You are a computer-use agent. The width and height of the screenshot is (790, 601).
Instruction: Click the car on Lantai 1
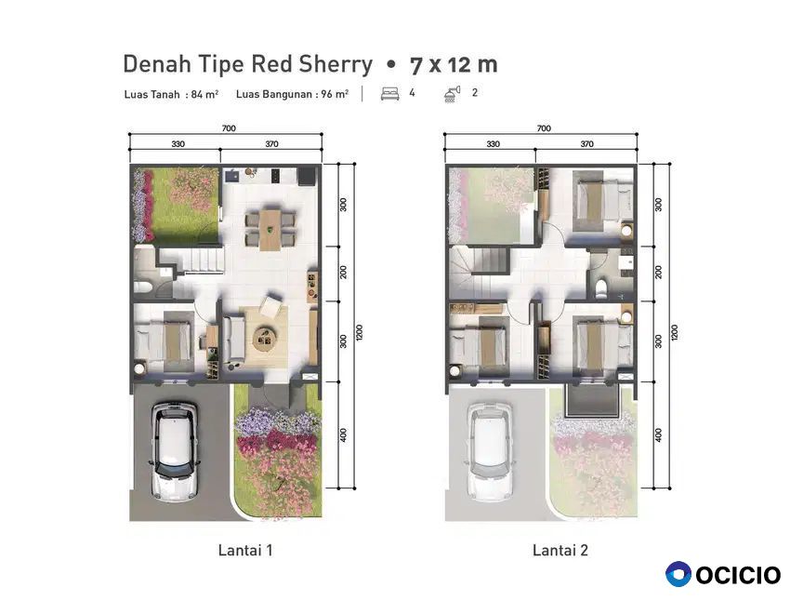(x=173, y=449)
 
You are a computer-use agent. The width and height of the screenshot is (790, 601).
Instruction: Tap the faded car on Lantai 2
(x=489, y=449)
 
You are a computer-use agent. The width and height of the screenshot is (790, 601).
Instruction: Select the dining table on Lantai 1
(x=270, y=230)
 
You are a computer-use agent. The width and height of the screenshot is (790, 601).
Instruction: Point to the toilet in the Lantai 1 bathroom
(x=143, y=287)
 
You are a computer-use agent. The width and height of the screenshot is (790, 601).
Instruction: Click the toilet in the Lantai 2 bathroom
(x=601, y=287)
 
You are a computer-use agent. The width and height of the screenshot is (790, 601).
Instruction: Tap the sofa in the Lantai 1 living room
(x=233, y=339)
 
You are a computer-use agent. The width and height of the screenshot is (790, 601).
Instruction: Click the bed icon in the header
(x=390, y=94)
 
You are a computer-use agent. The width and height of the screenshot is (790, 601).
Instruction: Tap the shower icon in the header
(x=452, y=94)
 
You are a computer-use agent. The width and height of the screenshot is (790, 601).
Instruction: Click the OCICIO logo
(x=722, y=574)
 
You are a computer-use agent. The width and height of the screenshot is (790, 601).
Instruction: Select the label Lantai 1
(x=245, y=550)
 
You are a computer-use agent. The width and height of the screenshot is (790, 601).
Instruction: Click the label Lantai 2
(x=560, y=550)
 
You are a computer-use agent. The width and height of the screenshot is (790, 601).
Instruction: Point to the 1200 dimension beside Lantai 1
(x=360, y=332)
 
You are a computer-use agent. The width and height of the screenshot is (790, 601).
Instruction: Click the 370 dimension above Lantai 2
(x=586, y=143)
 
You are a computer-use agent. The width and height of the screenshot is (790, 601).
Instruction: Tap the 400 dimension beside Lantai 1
(x=344, y=434)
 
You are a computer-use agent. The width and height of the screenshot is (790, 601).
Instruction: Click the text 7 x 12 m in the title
(x=454, y=64)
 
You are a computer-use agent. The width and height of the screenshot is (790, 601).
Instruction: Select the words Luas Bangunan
(x=277, y=94)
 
